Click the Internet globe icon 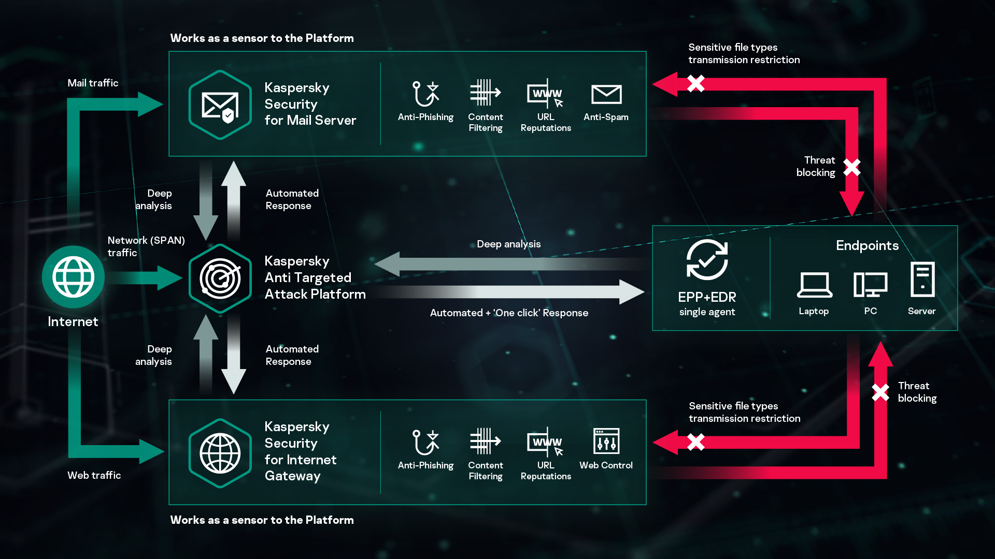click(73, 277)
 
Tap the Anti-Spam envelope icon click(606, 95)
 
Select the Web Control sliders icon click(606, 442)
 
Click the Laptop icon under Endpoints click(814, 285)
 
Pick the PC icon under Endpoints click(870, 285)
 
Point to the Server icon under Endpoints click(922, 279)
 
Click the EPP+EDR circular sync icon click(707, 260)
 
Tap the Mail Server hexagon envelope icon click(220, 105)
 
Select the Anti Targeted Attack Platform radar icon click(220, 278)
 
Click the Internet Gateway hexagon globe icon click(220, 453)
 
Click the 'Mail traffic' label click(93, 83)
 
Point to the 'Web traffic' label click(94, 475)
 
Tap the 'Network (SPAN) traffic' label click(146, 246)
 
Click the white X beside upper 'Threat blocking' click(851, 167)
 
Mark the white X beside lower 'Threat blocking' click(880, 392)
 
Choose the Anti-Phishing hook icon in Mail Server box click(425, 94)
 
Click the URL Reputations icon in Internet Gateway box click(545, 442)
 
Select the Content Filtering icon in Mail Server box click(485, 93)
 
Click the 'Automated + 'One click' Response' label click(509, 313)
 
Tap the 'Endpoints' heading click(867, 246)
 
